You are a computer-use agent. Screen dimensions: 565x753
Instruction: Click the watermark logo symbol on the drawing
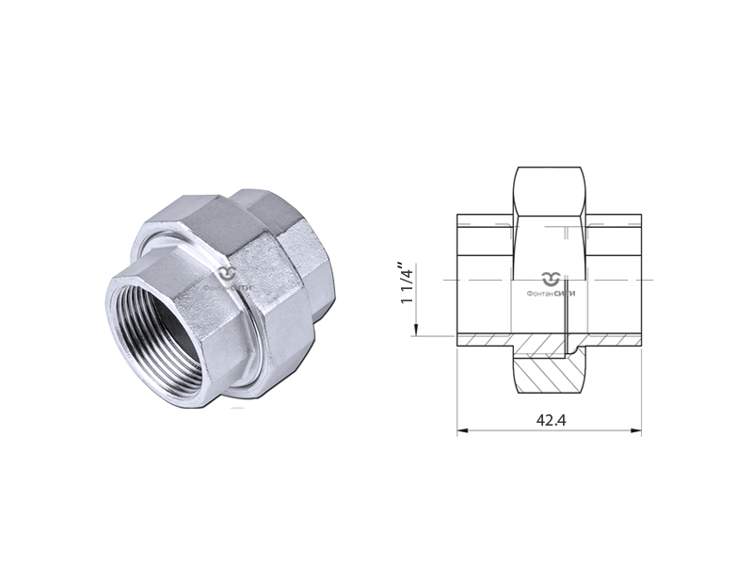click(551, 278)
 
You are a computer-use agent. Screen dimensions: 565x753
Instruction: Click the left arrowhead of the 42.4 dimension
click(462, 432)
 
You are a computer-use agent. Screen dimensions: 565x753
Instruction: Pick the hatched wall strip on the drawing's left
click(485, 341)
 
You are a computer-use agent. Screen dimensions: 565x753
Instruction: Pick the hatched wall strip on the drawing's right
click(612, 341)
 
